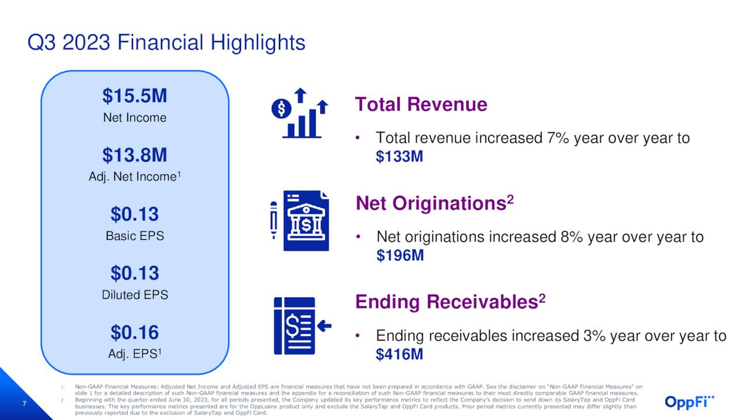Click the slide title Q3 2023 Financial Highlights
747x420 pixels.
166,43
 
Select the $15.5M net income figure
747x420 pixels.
135,96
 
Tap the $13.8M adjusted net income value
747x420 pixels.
135,155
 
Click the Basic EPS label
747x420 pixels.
135,236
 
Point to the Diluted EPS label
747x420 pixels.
135,295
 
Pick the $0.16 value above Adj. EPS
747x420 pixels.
135,332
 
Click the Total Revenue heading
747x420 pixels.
421,104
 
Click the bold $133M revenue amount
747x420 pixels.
399,157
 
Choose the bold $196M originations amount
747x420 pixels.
400,256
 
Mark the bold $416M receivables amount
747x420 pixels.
399,354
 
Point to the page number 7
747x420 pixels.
25,404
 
